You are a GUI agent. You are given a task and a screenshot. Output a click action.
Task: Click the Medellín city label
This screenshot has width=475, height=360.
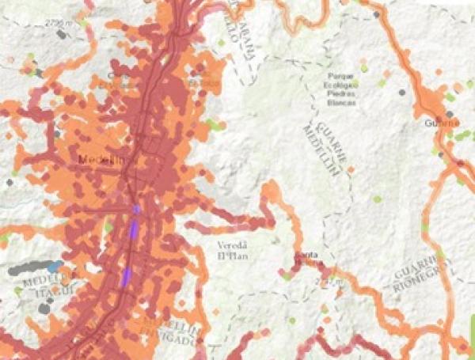pos(102,160)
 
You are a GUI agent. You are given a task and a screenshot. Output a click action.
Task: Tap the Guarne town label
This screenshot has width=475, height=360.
pos(442,122)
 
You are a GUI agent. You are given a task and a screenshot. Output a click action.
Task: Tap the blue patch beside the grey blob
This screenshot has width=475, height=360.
pos(54,267)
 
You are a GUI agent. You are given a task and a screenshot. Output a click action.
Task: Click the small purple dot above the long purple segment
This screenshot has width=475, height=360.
pos(136,209)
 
